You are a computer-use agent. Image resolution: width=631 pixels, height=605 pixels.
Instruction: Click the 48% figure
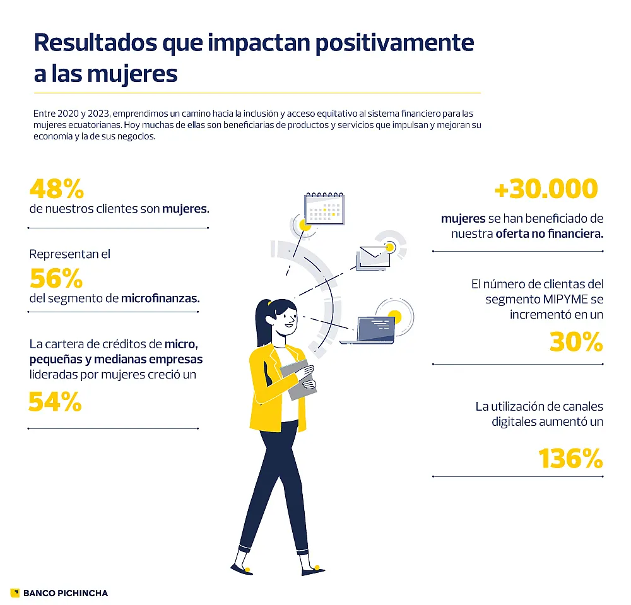pos(56,188)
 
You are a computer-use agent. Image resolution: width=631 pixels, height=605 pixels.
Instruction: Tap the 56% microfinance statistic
pos(56,278)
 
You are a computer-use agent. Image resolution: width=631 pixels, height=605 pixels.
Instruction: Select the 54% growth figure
pos(56,402)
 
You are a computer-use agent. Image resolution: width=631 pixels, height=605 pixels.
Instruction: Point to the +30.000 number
pos(545,189)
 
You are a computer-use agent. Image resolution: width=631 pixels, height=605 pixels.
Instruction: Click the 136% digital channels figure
pos(570,459)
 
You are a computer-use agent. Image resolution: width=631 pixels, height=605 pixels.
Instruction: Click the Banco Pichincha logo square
pos(15,592)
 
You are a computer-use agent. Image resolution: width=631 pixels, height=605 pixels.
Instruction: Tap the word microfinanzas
pos(160,298)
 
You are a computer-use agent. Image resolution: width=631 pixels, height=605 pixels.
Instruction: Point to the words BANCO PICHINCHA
pos(66,593)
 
